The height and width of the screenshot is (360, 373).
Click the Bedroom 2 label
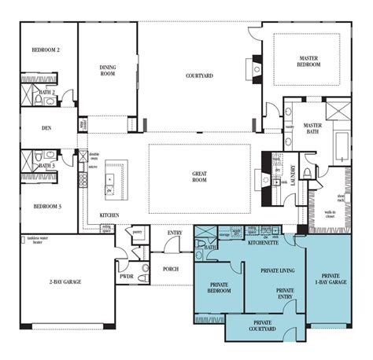click(46, 50)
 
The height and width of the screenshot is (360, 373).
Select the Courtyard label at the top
click(199, 75)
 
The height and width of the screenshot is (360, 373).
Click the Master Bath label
click(314, 129)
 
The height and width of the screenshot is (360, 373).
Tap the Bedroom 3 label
click(46, 206)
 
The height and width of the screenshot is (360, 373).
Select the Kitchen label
click(109, 215)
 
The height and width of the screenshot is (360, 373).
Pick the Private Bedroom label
click(215, 288)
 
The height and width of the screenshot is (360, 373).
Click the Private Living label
click(271, 268)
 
